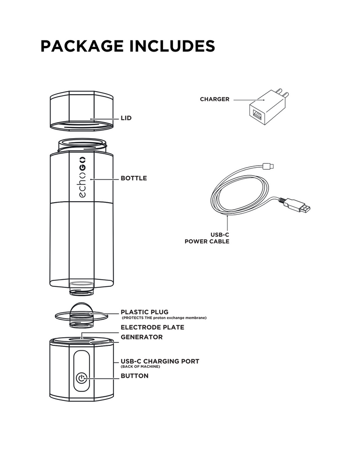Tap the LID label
pyautogui.click(x=126, y=118)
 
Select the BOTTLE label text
pyautogui.click(x=133, y=178)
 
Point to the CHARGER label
pyautogui.click(x=214, y=99)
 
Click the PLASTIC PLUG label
pyautogui.click(x=144, y=312)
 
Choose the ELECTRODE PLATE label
pyautogui.click(x=152, y=327)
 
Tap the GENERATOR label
pyautogui.click(x=141, y=337)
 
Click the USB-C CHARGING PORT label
pyautogui.click(x=159, y=360)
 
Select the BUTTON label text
pyautogui.click(x=134, y=375)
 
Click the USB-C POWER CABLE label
pyautogui.click(x=207, y=237)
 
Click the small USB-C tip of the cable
pyautogui.click(x=269, y=166)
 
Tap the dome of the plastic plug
pyautogui.click(x=81, y=308)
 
